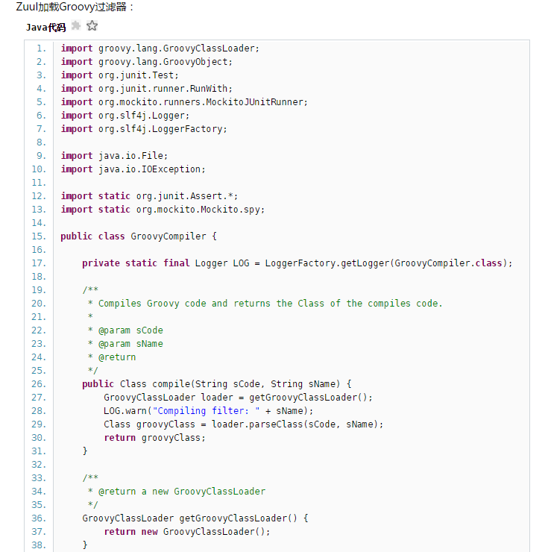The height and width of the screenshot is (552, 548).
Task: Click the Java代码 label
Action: tap(45, 28)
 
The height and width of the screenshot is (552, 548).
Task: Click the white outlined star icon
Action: tap(92, 26)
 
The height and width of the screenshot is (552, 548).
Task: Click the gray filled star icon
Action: tap(75, 26)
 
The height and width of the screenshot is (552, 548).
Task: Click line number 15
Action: tap(39, 236)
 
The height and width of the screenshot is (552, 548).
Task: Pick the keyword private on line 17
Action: tap(101, 263)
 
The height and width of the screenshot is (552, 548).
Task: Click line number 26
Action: tap(39, 384)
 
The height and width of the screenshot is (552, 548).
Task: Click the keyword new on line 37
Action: tap(149, 532)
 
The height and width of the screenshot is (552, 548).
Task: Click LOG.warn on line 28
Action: tap(125, 411)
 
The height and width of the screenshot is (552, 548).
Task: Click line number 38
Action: tap(39, 545)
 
